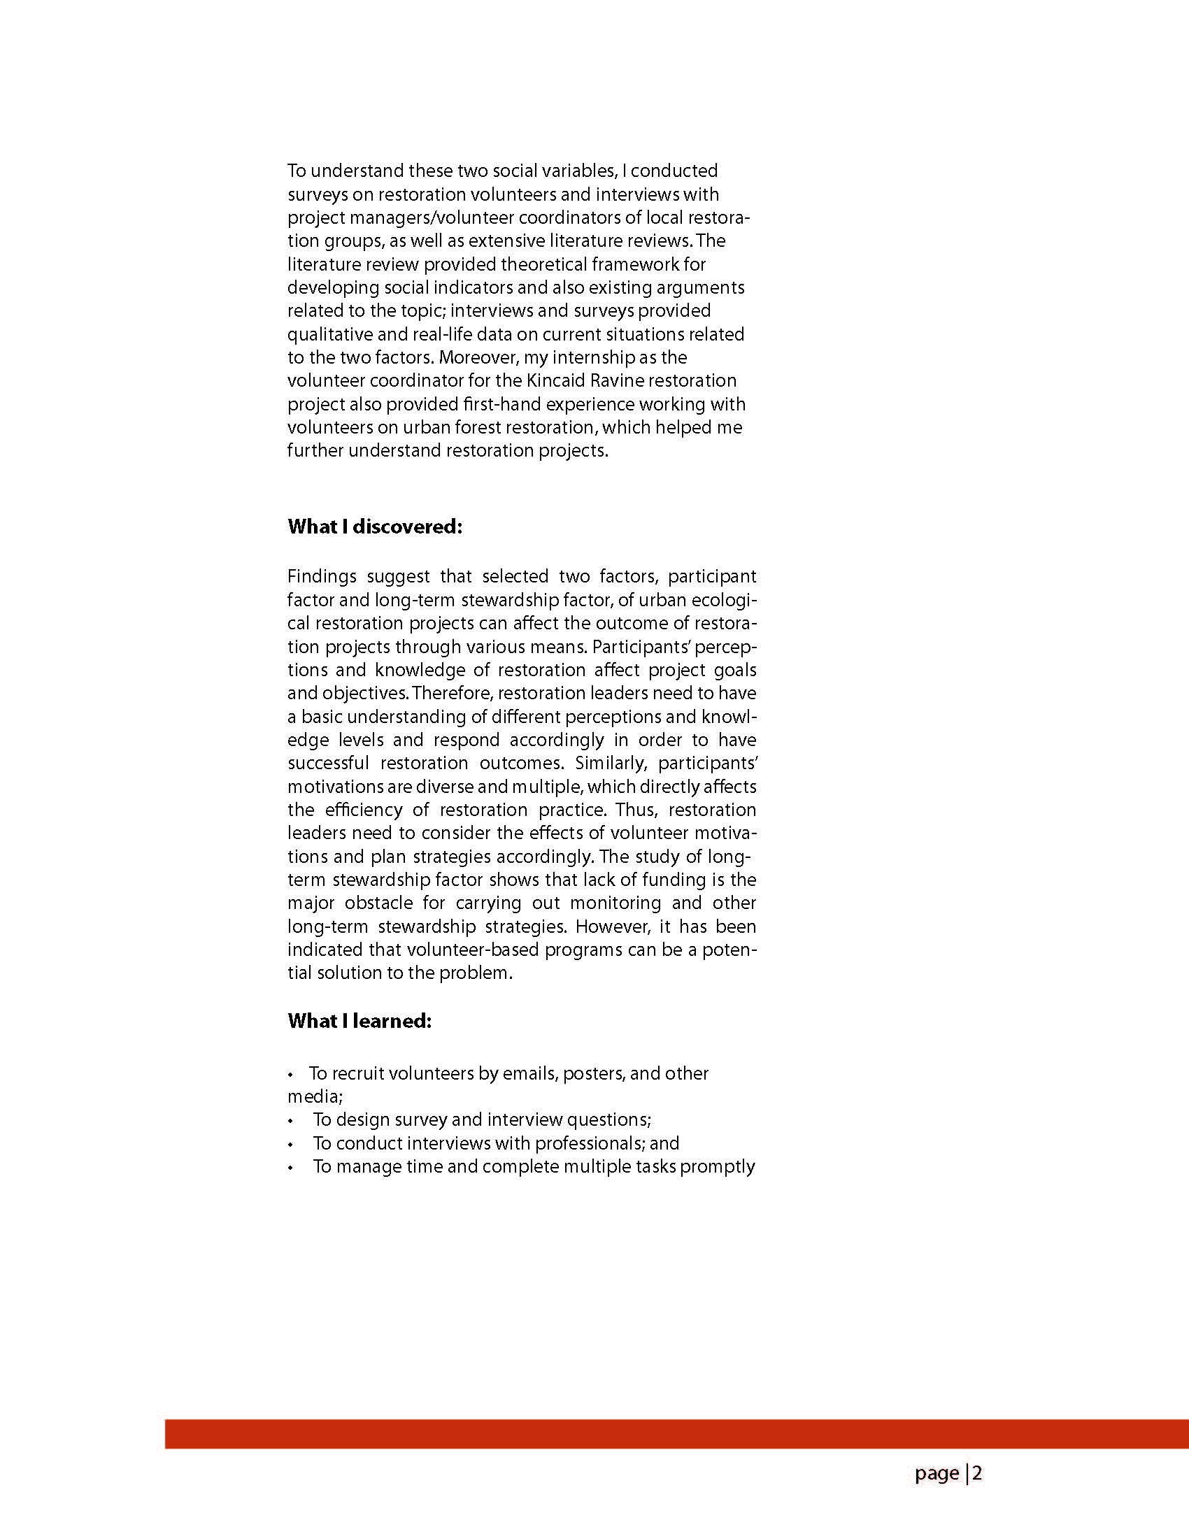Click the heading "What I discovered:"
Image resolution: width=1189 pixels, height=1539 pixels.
click(x=374, y=527)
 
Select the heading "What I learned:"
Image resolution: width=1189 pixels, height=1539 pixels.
click(x=359, y=1021)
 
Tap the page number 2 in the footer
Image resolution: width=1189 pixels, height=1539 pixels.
click(x=978, y=1473)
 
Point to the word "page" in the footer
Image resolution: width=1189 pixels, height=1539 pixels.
click(x=937, y=1473)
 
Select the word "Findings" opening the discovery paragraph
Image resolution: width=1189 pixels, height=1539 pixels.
click(x=322, y=576)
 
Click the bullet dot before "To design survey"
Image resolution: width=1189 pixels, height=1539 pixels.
click(x=290, y=1120)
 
